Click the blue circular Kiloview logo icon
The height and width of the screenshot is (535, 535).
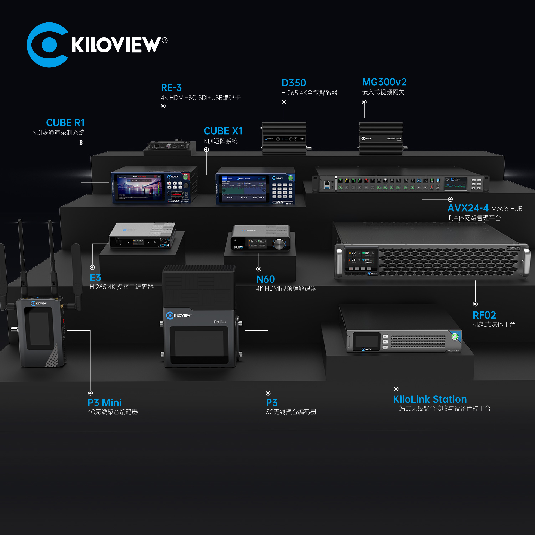(48, 45)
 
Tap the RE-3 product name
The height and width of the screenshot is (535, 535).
(171, 88)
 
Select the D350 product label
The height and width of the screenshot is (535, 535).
(293, 83)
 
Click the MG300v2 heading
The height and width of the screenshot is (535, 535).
(384, 82)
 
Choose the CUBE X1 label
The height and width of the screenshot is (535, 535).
(223, 131)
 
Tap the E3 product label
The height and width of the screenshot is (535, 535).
(95, 277)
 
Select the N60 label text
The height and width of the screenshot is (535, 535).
(265, 279)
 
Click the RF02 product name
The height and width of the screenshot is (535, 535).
(484, 315)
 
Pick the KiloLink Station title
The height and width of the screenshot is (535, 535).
(430, 399)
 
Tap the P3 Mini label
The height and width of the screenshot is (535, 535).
(104, 403)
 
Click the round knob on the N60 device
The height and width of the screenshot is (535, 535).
(279, 244)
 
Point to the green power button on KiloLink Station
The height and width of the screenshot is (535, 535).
(455, 337)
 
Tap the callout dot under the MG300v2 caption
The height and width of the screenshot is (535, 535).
(364, 102)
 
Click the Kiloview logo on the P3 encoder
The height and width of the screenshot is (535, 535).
(178, 315)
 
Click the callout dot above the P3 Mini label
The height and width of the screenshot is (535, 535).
(90, 393)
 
